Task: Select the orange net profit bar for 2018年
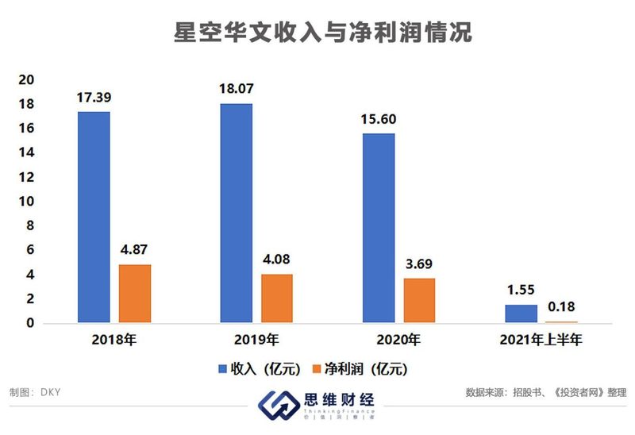(x=134, y=294)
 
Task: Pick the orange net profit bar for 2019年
(x=276, y=298)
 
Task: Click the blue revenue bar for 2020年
(x=378, y=228)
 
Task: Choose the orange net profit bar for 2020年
(x=418, y=301)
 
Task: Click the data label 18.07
(x=236, y=87)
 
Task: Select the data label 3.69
(x=418, y=264)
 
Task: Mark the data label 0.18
(x=561, y=307)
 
